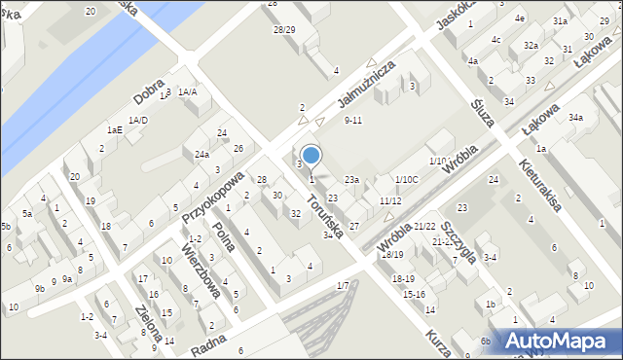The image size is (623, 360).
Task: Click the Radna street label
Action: (x=210, y=343)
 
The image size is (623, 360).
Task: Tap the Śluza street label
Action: (x=482, y=112)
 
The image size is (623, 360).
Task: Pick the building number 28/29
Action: (x=284, y=30)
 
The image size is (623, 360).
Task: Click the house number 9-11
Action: (x=353, y=121)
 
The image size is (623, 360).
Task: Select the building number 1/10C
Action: (x=406, y=179)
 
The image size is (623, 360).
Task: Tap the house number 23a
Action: (x=351, y=179)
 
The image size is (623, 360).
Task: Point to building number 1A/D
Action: (x=138, y=121)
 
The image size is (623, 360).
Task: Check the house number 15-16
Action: (x=414, y=294)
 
